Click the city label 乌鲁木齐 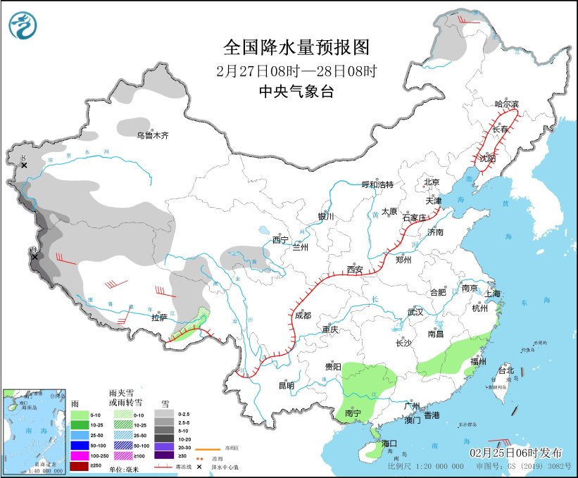point(153,134)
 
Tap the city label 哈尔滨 point(506,104)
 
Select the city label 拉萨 point(159,317)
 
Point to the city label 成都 point(303,316)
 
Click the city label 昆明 point(287,385)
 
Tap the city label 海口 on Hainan point(390,443)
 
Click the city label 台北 point(506,370)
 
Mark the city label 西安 point(355,270)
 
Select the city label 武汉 point(415,312)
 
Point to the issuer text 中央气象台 point(296,91)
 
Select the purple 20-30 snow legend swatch point(167,446)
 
